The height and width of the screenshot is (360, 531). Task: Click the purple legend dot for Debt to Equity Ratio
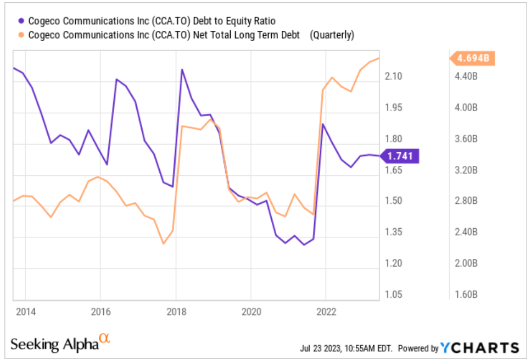[x=21, y=21]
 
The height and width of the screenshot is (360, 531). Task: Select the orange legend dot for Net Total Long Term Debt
[x=21, y=35]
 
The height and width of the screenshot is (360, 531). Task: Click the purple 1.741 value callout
[x=401, y=156]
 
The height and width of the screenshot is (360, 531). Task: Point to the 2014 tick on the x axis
[x=25, y=312]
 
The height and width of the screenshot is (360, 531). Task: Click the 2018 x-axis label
[x=175, y=312]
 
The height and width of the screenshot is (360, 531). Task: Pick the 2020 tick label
[x=250, y=312]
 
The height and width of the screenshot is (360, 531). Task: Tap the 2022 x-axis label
[x=326, y=312]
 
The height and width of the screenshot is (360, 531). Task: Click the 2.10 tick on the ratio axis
[x=394, y=76]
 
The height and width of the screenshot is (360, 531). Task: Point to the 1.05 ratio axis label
[x=394, y=295]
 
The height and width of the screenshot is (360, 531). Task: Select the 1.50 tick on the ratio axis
[x=394, y=201]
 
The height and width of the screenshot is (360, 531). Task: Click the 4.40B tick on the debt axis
[x=467, y=76]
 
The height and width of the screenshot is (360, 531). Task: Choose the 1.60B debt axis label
[x=467, y=295]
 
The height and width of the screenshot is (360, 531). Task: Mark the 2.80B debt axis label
[x=467, y=201]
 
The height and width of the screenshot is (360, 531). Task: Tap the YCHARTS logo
[x=480, y=348]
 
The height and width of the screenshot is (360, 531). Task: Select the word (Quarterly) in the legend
[x=332, y=35]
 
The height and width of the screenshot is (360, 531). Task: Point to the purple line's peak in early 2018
[x=182, y=69]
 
